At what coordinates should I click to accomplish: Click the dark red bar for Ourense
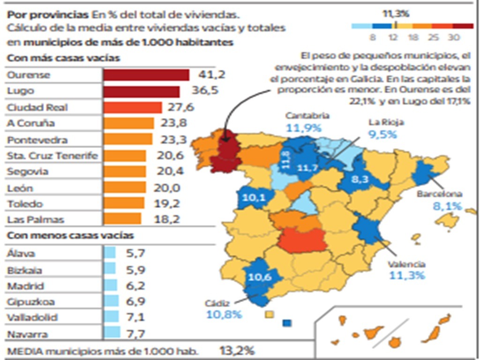[146, 75]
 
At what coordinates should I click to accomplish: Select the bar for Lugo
[141, 91]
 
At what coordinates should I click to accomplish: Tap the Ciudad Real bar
[133, 107]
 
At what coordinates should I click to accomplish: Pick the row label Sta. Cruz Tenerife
[52, 156]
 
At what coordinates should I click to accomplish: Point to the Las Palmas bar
[122, 219]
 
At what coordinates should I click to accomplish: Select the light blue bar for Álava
[109, 254]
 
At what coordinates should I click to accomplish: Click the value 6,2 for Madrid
[135, 286]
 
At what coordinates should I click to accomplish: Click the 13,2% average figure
[237, 351]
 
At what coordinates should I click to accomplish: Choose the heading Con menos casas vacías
[70, 236]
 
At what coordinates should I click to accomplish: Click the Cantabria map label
[307, 116]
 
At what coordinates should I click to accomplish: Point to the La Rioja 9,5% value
[382, 134]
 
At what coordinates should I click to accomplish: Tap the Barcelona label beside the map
[441, 194]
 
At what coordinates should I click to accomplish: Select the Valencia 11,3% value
[406, 275]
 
